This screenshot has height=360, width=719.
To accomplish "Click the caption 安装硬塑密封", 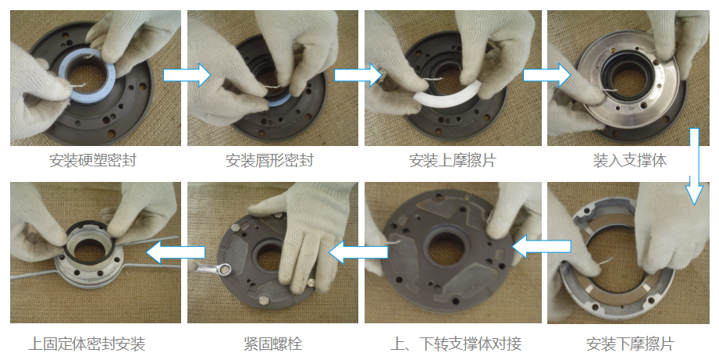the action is point(93,161).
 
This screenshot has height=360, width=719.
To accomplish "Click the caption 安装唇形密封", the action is point(269,161).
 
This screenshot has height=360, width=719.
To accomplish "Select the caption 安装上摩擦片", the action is point(453,161).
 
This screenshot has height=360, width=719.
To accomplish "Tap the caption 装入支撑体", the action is point(629,161).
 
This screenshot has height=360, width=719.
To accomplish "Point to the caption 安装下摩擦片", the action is point(630,344).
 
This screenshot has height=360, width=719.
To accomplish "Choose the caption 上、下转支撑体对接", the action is point(456,344).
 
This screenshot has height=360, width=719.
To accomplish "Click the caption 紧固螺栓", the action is point(272,344).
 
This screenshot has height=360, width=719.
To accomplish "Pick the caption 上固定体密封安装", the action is point(87,344).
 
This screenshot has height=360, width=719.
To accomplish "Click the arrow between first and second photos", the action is point(187,75).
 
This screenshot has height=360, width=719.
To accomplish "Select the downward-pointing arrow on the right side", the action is point(695,166).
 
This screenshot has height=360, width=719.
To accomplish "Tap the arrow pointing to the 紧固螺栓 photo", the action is point(358,251).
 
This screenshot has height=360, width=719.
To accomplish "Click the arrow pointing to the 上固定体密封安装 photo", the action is point(175,251).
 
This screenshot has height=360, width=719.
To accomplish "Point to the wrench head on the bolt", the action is point(224,270).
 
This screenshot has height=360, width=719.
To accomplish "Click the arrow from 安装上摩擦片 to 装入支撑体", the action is point(546,75).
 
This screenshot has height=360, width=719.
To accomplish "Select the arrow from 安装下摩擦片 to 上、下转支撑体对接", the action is point(542,248).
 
